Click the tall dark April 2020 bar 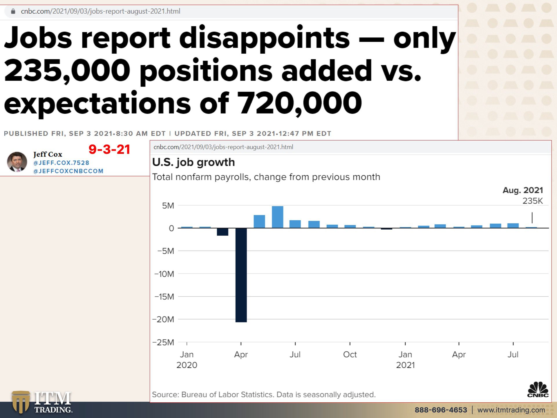click(x=241, y=275)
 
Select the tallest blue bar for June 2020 click(x=278, y=217)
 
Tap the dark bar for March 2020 click(x=223, y=232)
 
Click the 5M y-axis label click(x=168, y=206)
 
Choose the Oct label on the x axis click(x=350, y=354)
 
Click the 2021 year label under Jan click(x=405, y=365)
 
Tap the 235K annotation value click(x=532, y=201)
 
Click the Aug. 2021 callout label click(x=522, y=190)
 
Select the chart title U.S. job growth click(x=193, y=162)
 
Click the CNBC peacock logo click(x=538, y=389)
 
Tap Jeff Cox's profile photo click(x=17, y=162)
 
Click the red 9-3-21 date click(x=109, y=149)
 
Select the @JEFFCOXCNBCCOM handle click(x=68, y=171)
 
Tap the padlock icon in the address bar click(x=13, y=11)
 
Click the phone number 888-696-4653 click(x=441, y=410)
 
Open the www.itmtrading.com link click(x=511, y=410)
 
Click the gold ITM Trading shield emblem click(x=21, y=402)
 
